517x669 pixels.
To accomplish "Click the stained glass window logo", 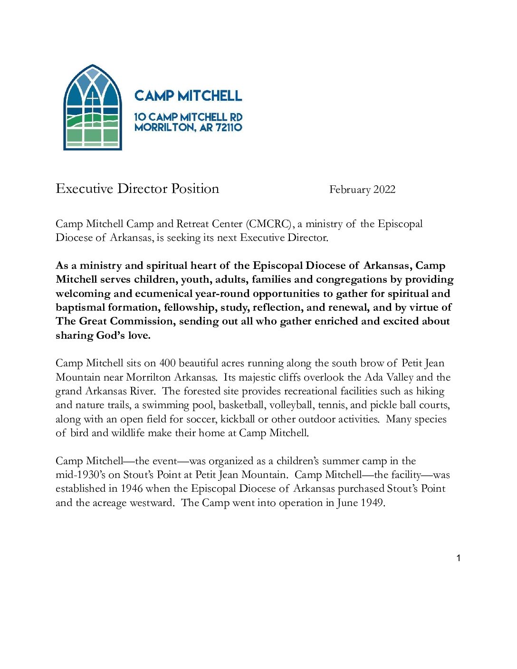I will [93, 108].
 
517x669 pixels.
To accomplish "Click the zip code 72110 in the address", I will [229, 127].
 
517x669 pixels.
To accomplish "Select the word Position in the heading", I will [195, 189].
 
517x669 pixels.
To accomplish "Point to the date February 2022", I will [362, 190].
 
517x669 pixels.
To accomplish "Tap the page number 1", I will [459, 558].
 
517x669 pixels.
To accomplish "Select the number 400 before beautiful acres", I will [167, 363].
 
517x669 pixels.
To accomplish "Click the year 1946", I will [132, 489].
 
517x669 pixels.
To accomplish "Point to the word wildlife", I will [128, 433].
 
